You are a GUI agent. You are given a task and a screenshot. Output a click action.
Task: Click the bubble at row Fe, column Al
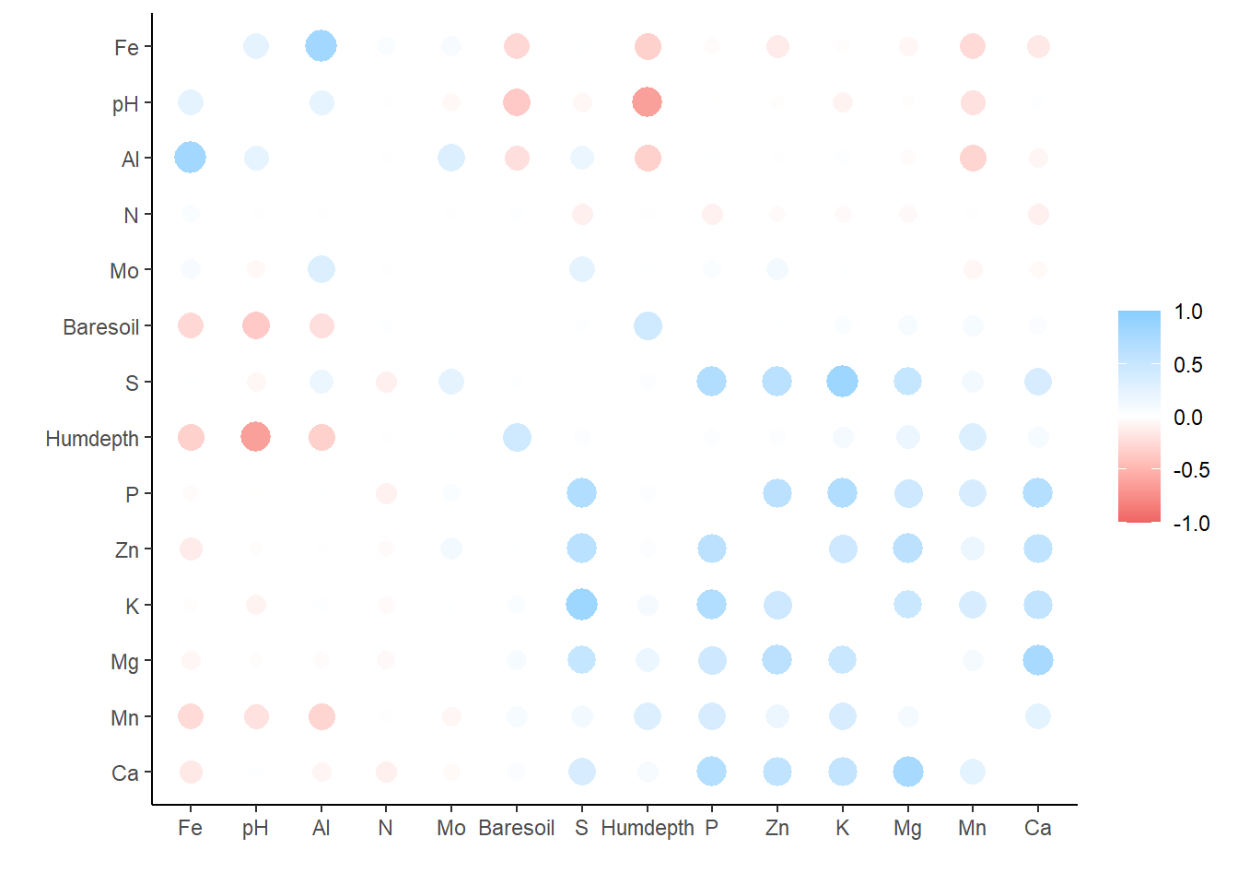click(321, 45)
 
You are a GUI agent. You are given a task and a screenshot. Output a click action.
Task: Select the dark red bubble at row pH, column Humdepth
click(648, 102)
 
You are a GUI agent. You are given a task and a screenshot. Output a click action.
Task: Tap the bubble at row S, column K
click(842, 381)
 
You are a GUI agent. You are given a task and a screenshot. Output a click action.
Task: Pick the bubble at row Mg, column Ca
click(1037, 660)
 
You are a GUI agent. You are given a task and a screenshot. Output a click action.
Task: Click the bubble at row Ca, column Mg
click(907, 772)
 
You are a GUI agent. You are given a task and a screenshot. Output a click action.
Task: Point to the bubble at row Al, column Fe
click(190, 158)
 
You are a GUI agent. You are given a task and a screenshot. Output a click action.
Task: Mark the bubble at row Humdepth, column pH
click(255, 437)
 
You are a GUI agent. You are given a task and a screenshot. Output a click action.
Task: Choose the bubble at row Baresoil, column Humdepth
click(648, 325)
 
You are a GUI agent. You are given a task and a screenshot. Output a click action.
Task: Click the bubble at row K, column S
click(581, 605)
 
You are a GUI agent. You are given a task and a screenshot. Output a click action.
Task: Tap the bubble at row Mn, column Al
click(321, 716)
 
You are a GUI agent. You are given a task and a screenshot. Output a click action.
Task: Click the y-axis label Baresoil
click(100, 327)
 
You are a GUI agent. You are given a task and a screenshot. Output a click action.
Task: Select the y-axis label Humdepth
click(92, 439)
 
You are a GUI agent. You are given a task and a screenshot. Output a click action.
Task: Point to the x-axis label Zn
click(777, 828)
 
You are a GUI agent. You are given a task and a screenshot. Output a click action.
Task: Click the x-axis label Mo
click(451, 828)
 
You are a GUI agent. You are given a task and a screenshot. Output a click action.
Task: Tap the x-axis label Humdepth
click(648, 828)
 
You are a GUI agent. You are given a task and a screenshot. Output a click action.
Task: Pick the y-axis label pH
click(125, 104)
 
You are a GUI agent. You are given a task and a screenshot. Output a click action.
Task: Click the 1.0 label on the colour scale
click(1188, 312)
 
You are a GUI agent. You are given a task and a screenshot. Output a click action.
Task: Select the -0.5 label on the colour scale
click(1191, 470)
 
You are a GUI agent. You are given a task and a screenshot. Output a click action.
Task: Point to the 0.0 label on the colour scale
click(1188, 418)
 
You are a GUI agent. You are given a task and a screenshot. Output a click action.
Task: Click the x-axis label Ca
click(1037, 828)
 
